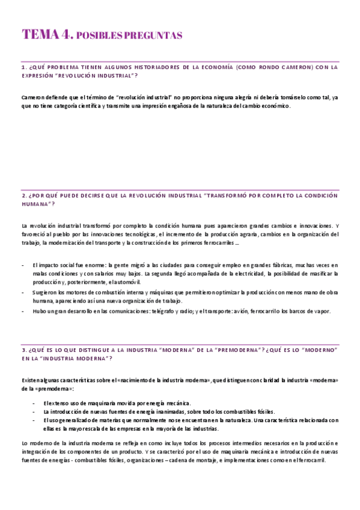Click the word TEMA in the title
40,34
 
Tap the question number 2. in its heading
23,195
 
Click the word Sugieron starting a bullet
44,292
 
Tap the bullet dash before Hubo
23,311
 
